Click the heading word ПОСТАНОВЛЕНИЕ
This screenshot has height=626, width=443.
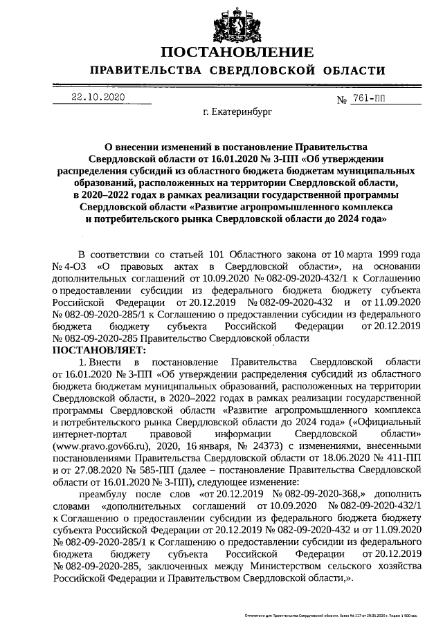pyautogui.click(x=237, y=53)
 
